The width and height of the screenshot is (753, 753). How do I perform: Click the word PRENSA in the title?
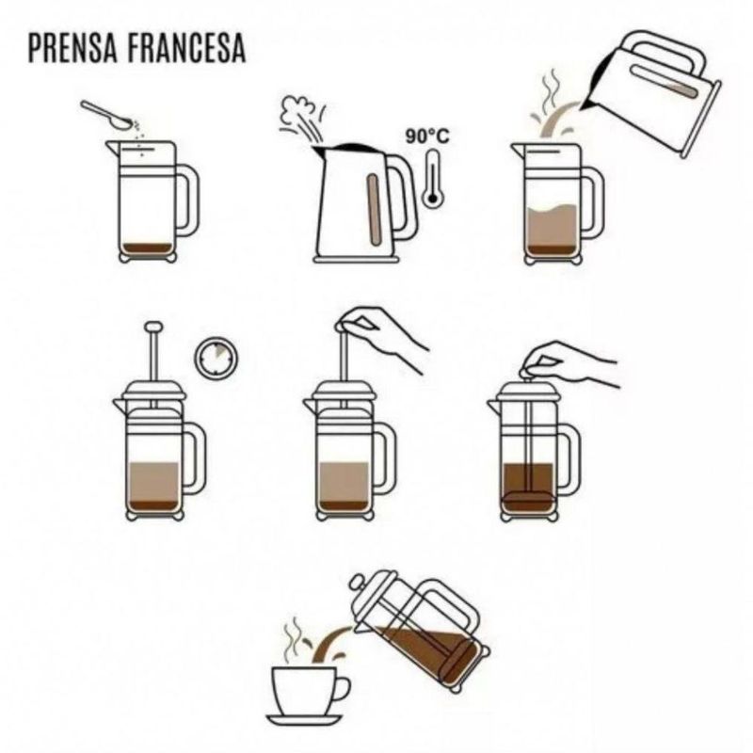click(72, 48)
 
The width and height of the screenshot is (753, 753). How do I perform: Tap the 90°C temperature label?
click(427, 136)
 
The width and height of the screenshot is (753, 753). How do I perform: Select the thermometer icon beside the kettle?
click(433, 179)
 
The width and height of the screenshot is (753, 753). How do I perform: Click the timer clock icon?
click(216, 358)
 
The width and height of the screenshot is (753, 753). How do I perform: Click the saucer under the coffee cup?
click(305, 720)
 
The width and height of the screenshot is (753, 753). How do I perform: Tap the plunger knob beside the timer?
click(153, 327)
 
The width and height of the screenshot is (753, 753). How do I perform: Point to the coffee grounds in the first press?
click(148, 248)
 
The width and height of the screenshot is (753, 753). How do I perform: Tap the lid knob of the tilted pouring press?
click(358, 583)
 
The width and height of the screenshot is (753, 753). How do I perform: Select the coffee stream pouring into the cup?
click(331, 644)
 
